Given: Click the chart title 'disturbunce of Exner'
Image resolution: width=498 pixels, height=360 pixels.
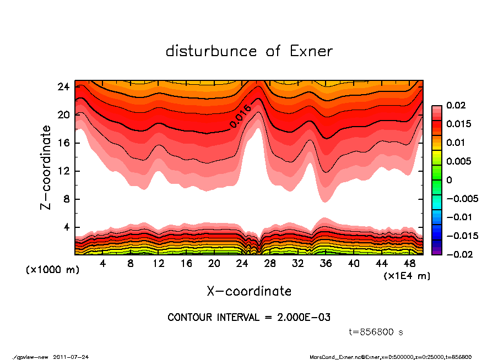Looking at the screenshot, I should (249, 51).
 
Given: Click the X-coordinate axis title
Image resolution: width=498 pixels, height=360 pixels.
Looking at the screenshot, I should (249, 291).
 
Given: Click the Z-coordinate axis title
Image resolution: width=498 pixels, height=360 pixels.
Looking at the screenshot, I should (47, 167).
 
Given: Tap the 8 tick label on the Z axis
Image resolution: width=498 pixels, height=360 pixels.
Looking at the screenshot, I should (67, 199).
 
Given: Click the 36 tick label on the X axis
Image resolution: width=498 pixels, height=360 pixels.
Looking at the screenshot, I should (326, 264).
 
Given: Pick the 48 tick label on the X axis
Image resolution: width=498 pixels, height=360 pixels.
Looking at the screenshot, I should (409, 264).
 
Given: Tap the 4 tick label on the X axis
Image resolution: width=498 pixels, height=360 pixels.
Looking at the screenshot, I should (102, 264).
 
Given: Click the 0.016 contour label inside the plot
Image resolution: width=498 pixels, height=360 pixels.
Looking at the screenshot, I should (241, 116).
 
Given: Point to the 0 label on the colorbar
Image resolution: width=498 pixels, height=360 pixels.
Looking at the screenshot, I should (449, 180).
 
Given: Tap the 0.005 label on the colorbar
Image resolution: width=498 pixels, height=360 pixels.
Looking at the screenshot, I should (457, 161).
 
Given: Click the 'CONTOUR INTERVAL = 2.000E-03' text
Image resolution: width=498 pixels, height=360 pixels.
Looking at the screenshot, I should (249, 318).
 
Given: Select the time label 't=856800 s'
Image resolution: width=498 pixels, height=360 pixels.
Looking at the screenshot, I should (376, 332).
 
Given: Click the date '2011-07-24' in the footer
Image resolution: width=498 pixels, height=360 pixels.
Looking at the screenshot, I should (71, 357).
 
